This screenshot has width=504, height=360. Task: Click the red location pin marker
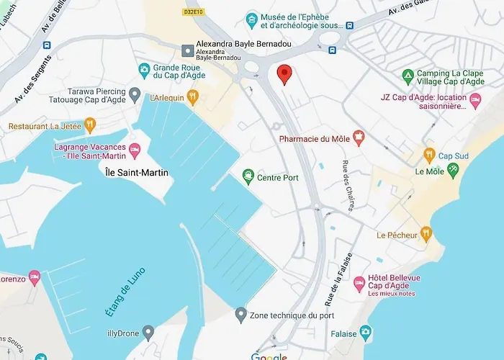click(284, 73)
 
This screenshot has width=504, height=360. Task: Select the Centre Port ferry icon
click(248, 176)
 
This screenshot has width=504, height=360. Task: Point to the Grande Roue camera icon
click(143, 70)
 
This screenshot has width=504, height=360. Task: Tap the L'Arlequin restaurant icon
click(192, 97)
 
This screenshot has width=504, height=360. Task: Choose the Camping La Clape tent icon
click(408, 76)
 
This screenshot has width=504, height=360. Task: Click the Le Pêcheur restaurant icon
click(426, 234)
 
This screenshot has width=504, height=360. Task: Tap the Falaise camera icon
click(366, 332)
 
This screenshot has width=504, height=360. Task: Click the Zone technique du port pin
click(241, 315)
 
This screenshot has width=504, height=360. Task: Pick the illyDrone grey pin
click(148, 333)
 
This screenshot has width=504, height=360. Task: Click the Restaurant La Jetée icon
click(90, 126)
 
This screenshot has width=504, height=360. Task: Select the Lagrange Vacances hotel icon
click(135, 151)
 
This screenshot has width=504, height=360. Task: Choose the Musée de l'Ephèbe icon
click(251, 19)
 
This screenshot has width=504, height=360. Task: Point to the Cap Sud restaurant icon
click(429, 156)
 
